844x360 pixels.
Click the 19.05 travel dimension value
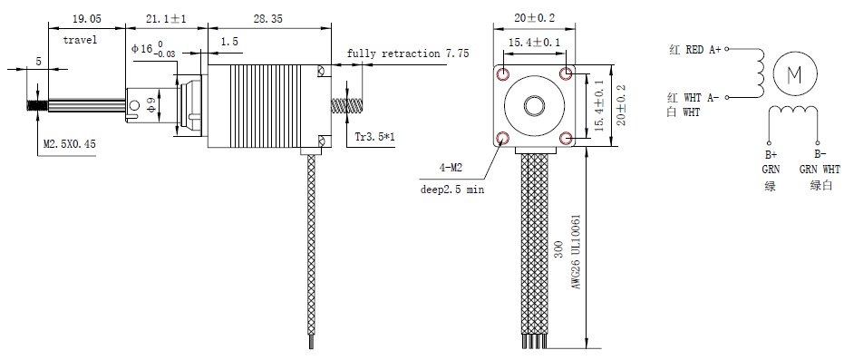point(86,19)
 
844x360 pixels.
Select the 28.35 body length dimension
point(267,19)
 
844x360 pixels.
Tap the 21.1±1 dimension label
point(166,19)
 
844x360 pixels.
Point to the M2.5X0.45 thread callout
point(70,144)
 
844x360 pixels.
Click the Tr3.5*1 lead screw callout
point(375,137)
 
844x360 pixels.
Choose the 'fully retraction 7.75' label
point(407,54)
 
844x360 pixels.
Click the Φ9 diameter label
point(151,106)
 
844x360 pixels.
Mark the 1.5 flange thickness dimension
point(228,42)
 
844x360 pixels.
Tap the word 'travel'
point(80,40)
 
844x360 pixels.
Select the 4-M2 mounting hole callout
point(451,168)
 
